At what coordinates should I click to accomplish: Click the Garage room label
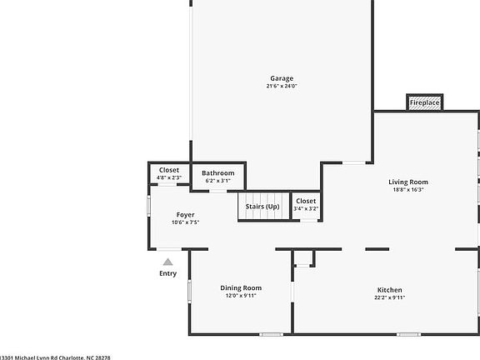[x=282, y=78]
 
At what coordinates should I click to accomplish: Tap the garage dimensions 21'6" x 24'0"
[x=282, y=86]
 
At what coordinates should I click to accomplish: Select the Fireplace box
[x=424, y=102]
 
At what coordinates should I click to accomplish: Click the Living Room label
[x=408, y=182]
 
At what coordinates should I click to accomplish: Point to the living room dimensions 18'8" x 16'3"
[x=408, y=189]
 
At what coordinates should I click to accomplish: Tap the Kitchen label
[x=389, y=290]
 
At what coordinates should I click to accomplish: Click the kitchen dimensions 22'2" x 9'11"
[x=389, y=297]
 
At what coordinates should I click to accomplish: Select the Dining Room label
[x=241, y=287]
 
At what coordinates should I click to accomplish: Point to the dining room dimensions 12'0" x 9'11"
[x=241, y=295]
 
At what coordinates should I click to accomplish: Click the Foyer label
[x=185, y=215]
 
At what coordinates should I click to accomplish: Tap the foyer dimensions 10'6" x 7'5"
[x=185, y=222]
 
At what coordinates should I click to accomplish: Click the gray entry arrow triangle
[x=167, y=262]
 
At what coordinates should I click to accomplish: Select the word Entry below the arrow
[x=167, y=273]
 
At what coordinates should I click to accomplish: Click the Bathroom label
[x=218, y=172]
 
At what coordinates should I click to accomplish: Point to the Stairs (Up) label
[x=261, y=206]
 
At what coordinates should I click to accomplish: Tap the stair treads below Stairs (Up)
[x=261, y=215]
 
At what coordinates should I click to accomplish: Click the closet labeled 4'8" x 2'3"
[x=169, y=173]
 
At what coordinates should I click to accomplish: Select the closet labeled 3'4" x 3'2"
[x=306, y=204]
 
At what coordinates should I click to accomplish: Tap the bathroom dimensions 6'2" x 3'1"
[x=218, y=181]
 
